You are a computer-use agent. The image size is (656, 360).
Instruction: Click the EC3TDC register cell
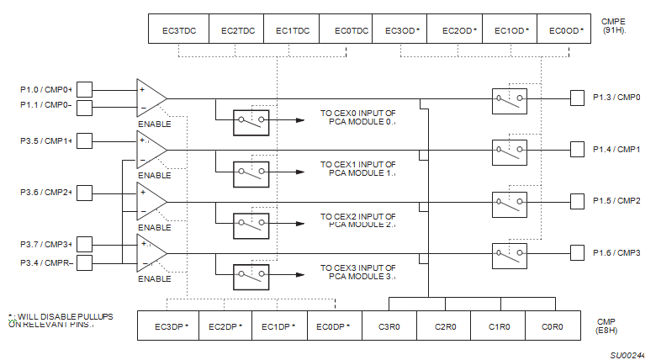coord(178,31)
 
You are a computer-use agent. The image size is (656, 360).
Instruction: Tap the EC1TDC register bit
coord(292,31)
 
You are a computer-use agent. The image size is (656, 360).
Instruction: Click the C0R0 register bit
coord(553,326)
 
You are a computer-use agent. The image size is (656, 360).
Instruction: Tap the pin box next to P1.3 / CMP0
coord(577,98)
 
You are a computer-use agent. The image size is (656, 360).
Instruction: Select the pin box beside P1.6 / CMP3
coord(577,253)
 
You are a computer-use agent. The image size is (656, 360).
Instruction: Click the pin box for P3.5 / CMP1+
coord(84,140)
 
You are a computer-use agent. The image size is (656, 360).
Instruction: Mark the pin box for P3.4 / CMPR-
coord(84,262)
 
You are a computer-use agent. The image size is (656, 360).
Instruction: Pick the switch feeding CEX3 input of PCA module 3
coord(251,275)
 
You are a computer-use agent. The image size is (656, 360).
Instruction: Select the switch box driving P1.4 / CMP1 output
coord(510,150)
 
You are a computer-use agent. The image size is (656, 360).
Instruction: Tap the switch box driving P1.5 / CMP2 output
coord(510,201)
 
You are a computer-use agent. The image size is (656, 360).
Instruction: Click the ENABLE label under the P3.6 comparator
coord(154,227)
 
